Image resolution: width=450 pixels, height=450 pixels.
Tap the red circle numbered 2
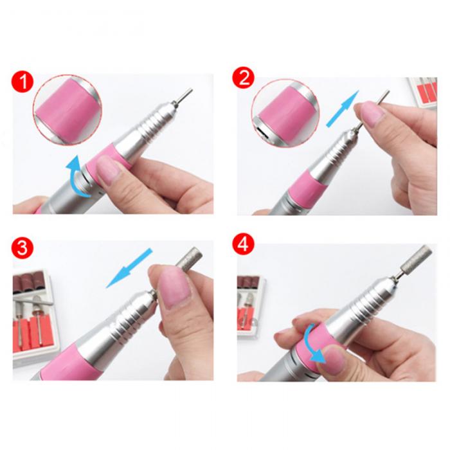(244, 78)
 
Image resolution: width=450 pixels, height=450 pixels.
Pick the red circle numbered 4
(244, 244)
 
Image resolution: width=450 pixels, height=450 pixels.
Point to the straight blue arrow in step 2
(343, 109)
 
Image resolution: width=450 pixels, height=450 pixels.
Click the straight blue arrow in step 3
(129, 268)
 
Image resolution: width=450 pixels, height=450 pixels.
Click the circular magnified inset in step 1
(67, 109)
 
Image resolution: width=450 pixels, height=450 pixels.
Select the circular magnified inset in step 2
(285, 113)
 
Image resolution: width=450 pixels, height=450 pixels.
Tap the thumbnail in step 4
(334, 359)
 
